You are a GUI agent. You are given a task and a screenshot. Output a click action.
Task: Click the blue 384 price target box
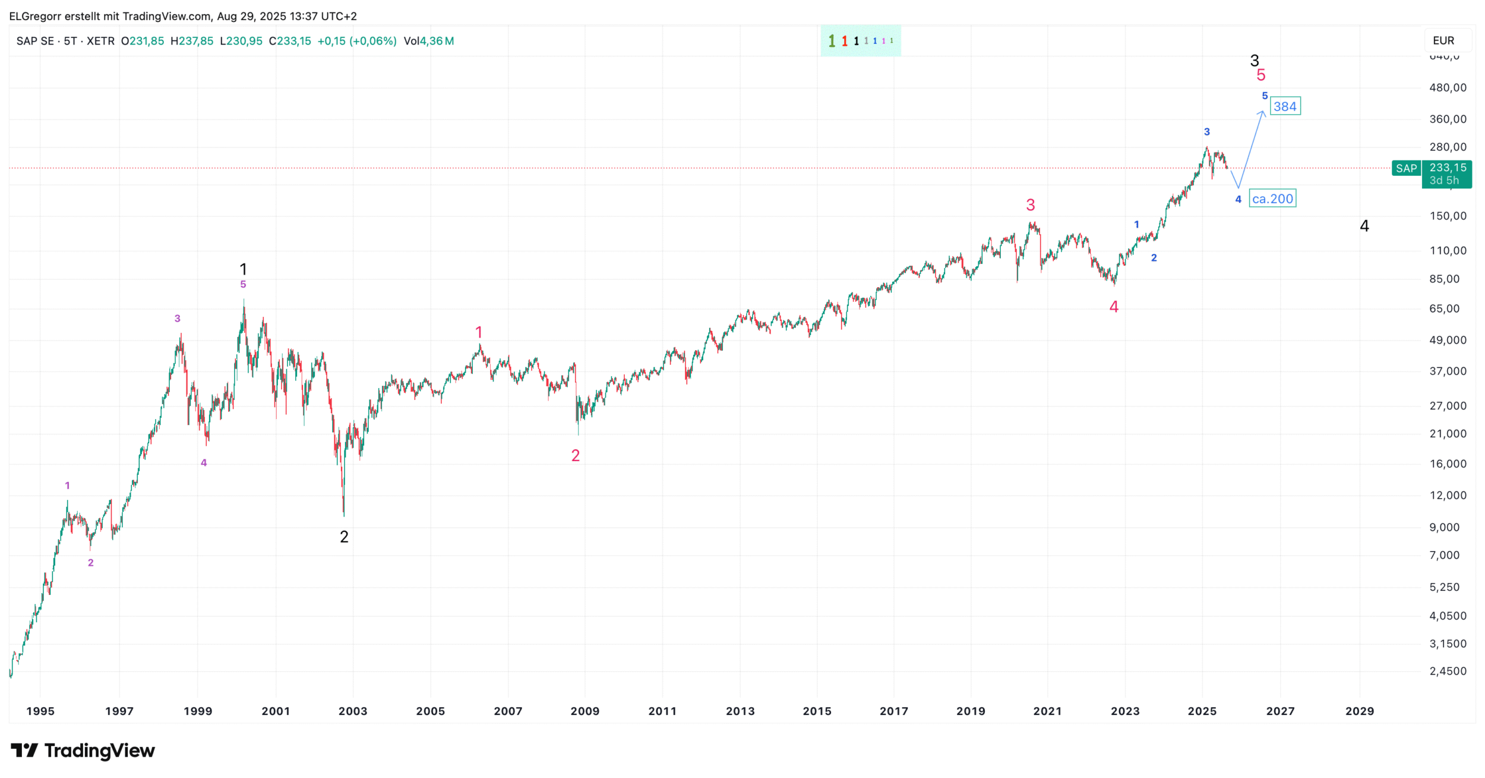(x=1285, y=106)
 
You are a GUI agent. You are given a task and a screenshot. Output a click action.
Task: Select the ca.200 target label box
(x=1272, y=199)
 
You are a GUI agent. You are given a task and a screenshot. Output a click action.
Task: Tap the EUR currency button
(x=1443, y=40)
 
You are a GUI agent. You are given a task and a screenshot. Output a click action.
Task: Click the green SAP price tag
(x=1406, y=168)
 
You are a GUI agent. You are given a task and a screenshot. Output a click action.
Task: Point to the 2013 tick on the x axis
(x=740, y=711)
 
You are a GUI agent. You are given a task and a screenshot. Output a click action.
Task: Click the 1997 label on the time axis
(x=119, y=711)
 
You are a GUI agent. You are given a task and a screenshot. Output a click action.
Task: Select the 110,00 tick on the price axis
(x=1448, y=250)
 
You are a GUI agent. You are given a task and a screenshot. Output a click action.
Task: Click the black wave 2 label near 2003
(x=344, y=537)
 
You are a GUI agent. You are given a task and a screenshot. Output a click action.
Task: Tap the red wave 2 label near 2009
(x=576, y=455)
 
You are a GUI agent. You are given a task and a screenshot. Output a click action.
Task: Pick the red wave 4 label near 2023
(x=1114, y=307)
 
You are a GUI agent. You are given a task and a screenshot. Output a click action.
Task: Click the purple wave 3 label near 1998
(x=178, y=319)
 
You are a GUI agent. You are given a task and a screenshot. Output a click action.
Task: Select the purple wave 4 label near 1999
(x=204, y=462)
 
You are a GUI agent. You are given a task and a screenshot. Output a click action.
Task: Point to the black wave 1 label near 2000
(x=243, y=269)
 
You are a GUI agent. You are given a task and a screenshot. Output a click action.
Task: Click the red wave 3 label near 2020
(x=1031, y=205)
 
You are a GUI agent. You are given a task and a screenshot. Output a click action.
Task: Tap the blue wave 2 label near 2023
(x=1154, y=258)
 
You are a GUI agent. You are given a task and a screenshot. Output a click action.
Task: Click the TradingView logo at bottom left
(x=83, y=751)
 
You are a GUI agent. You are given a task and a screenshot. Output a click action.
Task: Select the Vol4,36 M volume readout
(x=428, y=41)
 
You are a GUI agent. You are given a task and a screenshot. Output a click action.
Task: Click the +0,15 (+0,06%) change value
(x=356, y=41)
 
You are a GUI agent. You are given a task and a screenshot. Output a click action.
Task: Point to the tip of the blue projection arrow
(x=1262, y=111)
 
